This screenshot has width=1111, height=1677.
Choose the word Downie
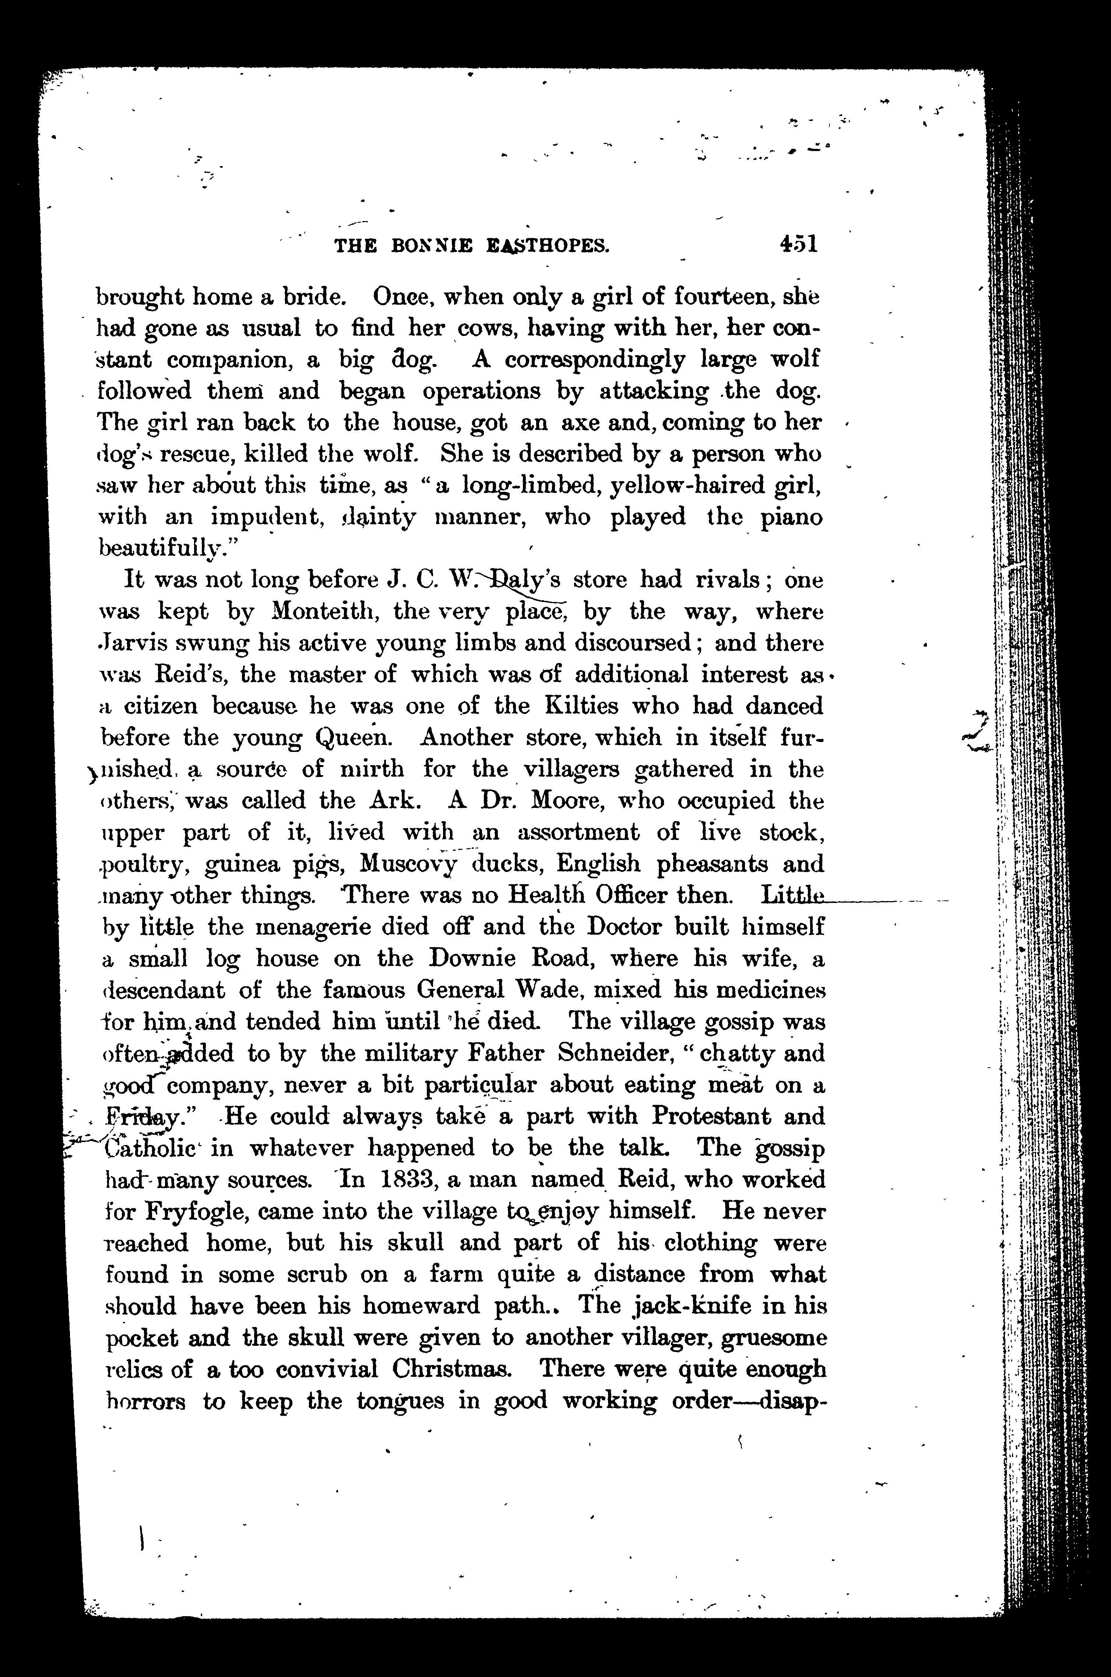[x=468, y=959]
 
